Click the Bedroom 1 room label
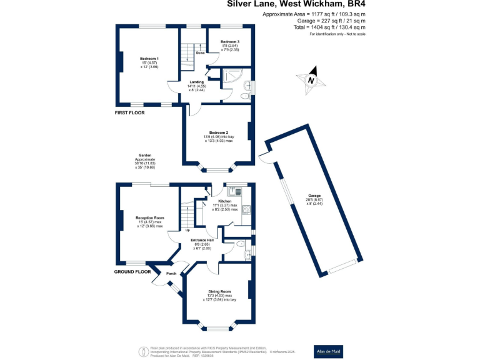[149, 58]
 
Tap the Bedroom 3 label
[229, 41]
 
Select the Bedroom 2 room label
[218, 132]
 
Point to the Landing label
[197, 82]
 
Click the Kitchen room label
[224, 201]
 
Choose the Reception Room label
[149, 217]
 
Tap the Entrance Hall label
[202, 240]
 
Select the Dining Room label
[220, 291]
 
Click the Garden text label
[145, 156]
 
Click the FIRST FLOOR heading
[129, 113]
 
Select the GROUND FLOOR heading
[133, 272]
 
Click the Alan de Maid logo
[329, 351]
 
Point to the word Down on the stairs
[200, 53]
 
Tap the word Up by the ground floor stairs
[187, 230]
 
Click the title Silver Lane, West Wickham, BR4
[296, 5]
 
